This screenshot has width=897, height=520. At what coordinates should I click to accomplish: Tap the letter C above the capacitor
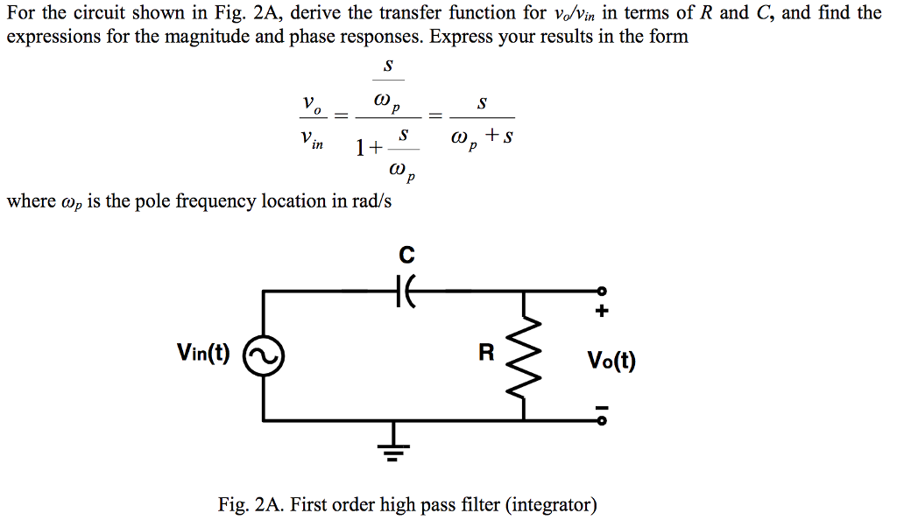coord(406,256)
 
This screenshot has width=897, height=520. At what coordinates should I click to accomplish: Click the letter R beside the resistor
coord(487,354)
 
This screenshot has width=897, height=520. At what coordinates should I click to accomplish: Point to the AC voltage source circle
coord(263,356)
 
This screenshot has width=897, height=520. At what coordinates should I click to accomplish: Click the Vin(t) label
coord(203,353)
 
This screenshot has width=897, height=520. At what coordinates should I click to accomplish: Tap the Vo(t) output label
coord(611,361)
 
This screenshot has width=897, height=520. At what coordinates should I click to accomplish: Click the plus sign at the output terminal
coord(601,311)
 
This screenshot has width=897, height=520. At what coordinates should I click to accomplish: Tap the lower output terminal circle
coord(601,420)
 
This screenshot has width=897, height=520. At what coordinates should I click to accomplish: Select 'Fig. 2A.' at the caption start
coord(251,505)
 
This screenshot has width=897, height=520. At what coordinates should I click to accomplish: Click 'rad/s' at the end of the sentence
coord(370,201)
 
